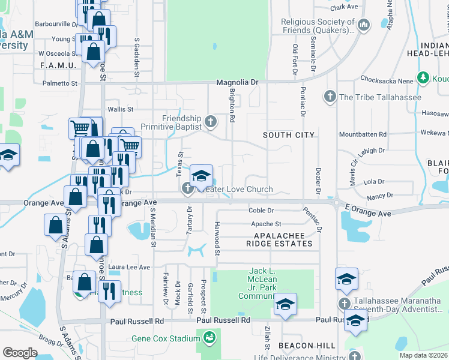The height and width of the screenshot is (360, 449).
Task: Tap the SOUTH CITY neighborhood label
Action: click(289, 135)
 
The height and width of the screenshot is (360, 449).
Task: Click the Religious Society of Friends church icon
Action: click(364, 25)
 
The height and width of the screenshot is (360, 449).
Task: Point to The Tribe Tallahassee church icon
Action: click(330, 97)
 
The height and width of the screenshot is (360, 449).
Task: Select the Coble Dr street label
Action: click(261, 211)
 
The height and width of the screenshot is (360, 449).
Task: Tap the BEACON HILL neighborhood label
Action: click(303, 346)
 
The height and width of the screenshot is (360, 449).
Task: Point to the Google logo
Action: click(19, 352)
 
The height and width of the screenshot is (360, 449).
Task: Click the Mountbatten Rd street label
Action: click(362, 134)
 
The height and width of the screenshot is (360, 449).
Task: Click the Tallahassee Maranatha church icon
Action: click(345, 304)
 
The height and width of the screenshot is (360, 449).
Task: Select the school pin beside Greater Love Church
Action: click(201, 175)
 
